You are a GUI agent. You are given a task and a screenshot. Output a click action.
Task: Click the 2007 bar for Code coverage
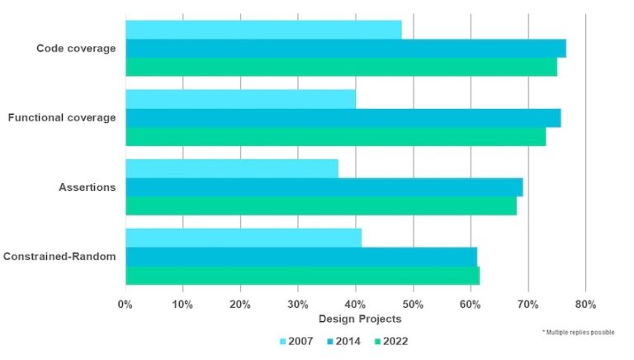click(263, 30)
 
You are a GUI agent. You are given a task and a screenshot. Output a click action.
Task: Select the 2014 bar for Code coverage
click(345, 49)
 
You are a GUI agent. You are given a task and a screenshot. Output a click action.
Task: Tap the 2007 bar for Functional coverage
click(240, 99)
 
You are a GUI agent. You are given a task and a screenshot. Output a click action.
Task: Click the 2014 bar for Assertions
click(324, 187)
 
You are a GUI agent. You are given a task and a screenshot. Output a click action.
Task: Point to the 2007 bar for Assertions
click(231, 168)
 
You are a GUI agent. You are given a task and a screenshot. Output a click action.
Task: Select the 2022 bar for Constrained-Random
click(302, 275)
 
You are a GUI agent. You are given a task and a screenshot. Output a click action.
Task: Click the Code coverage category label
click(76, 49)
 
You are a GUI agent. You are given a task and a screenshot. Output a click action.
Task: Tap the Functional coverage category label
click(62, 118)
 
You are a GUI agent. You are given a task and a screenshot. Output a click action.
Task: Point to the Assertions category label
click(87, 187)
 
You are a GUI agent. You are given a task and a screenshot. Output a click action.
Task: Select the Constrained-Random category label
click(59, 257)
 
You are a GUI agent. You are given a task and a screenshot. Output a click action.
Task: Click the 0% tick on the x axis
click(125, 305)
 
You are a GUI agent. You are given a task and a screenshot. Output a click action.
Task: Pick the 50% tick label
click(413, 305)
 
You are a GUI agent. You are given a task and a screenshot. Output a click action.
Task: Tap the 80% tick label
click(585, 305)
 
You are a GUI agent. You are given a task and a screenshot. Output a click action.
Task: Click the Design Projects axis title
click(359, 319)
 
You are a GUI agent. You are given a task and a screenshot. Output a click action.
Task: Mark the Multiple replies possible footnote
click(578, 331)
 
